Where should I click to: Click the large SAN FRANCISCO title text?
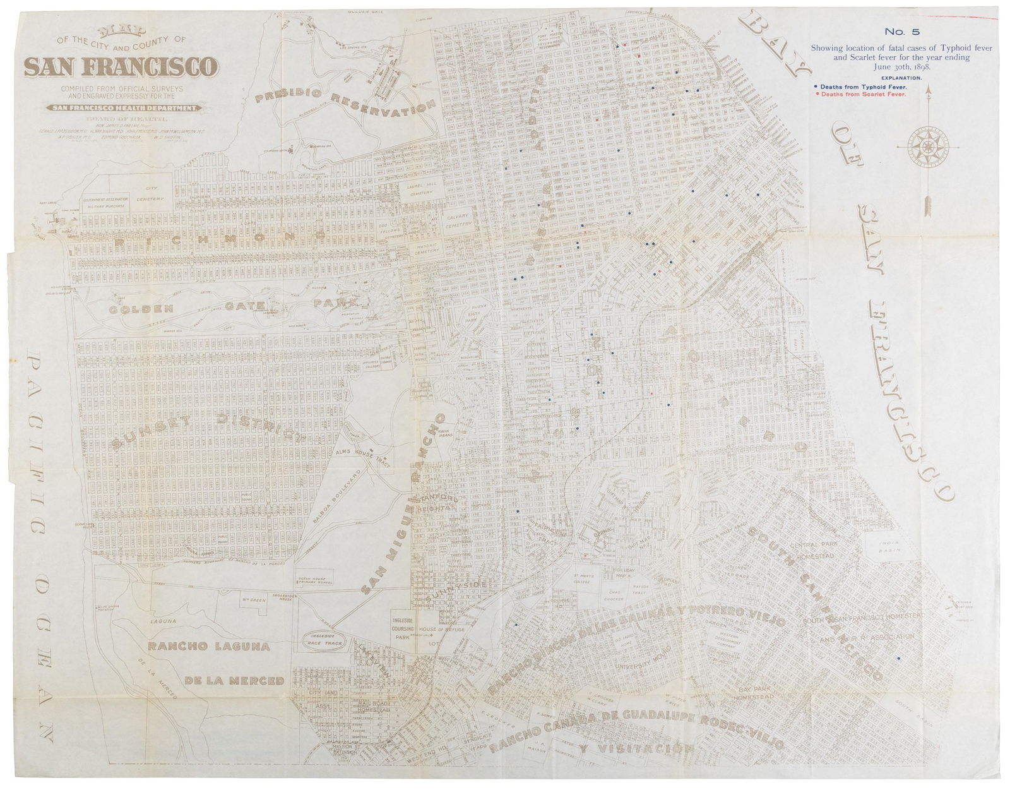[x=121, y=66]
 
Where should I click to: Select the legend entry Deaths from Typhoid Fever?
[x=862, y=86]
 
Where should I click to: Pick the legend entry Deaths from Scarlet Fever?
[x=862, y=94]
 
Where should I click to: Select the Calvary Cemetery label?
[x=458, y=220]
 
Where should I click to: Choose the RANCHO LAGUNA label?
[x=209, y=647]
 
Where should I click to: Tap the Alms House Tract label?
[x=371, y=453]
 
